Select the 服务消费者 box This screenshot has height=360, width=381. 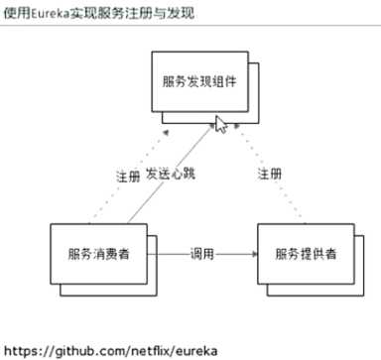(97, 255)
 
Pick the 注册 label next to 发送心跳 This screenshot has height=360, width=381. (127, 176)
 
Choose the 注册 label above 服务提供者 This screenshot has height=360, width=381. (270, 175)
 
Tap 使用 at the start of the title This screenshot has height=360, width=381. (17, 13)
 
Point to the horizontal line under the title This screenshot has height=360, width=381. (189, 28)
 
